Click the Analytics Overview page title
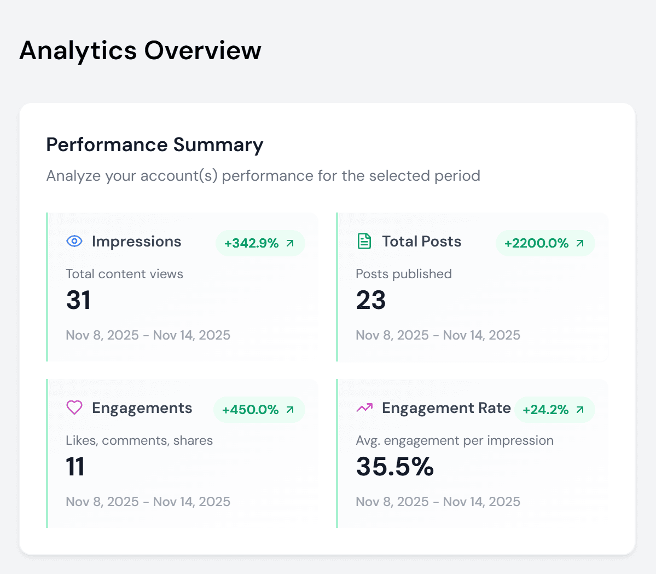(x=140, y=50)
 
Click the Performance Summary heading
(x=155, y=145)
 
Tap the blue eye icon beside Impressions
(x=74, y=241)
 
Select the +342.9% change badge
(x=260, y=243)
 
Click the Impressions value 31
(x=78, y=300)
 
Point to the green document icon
(x=364, y=241)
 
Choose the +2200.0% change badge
(x=545, y=243)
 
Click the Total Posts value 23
(x=371, y=300)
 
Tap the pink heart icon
(x=74, y=407)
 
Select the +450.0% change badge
(x=259, y=410)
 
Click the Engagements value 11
(x=75, y=467)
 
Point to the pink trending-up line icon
(x=364, y=407)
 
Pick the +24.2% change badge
(x=554, y=410)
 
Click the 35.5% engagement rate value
(x=394, y=467)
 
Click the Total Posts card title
(x=421, y=242)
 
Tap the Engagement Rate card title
(x=446, y=408)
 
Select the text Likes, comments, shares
(x=139, y=440)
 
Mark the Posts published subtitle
(x=404, y=274)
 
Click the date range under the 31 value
(x=148, y=335)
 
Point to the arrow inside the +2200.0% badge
(x=580, y=243)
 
